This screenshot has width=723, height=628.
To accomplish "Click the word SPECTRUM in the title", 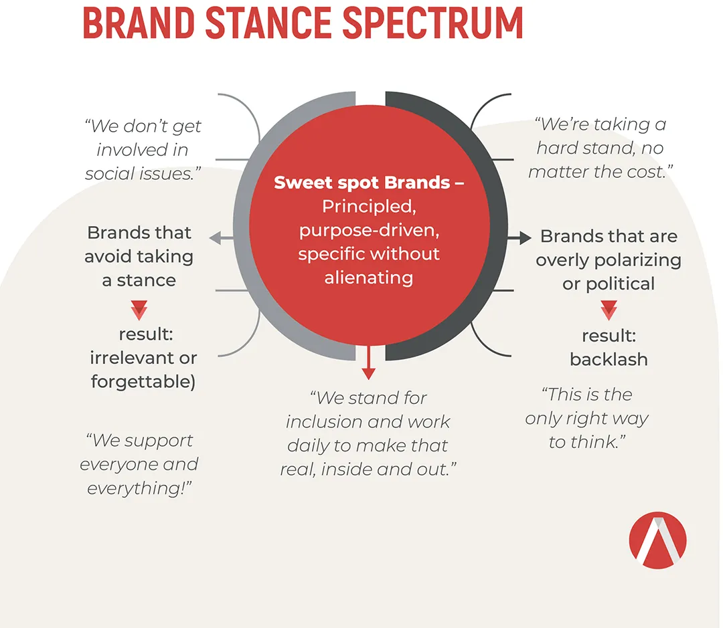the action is [433, 23].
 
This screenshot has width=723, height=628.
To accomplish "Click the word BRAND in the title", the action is [139, 23].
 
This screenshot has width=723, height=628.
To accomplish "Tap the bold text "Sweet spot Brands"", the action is [362, 183].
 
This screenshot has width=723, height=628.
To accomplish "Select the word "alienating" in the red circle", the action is [368, 278].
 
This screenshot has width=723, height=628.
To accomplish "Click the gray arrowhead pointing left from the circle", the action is [216, 238].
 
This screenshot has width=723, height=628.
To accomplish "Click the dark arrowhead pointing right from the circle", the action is [526, 237].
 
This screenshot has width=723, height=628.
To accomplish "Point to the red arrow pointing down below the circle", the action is [368, 362].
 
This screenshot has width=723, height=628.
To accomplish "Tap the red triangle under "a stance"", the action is [139, 310].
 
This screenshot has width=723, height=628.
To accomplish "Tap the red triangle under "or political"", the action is [609, 310].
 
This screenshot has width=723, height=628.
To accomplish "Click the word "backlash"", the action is [609, 359].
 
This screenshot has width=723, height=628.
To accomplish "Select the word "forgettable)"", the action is [143, 381].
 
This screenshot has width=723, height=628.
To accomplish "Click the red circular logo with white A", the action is [657, 540].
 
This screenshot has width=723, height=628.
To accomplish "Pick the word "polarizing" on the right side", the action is [638, 260].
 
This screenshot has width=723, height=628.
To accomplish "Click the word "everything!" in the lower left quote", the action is [139, 488].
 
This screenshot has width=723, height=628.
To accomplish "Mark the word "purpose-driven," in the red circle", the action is [369, 230].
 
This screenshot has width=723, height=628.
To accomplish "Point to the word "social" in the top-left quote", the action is [106, 174].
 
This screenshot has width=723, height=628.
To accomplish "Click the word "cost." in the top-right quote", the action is [652, 172].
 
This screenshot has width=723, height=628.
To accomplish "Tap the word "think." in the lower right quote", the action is [598, 442].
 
